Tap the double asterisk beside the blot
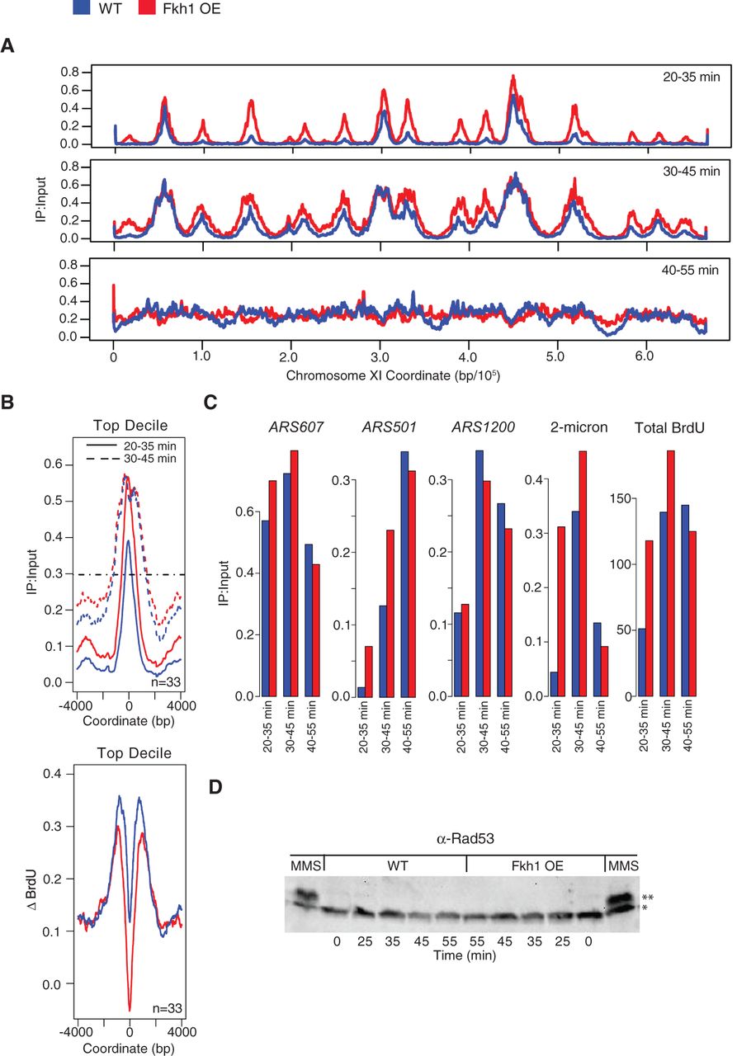coord(648,897)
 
